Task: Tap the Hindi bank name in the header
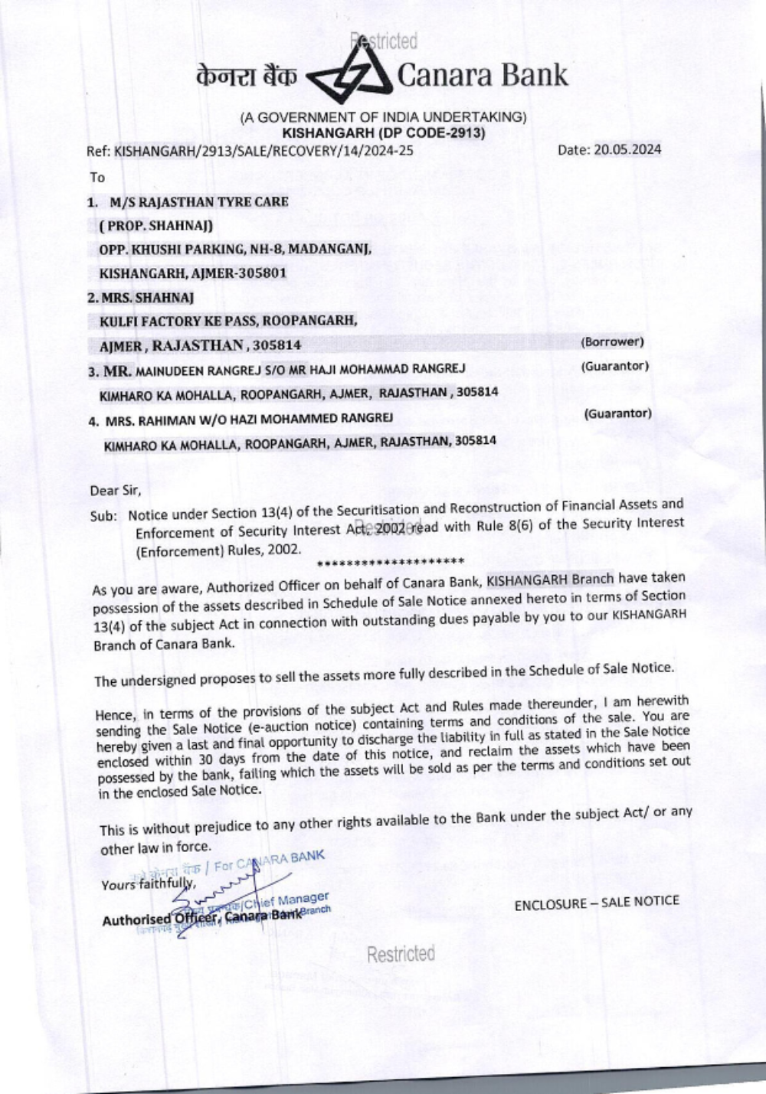(x=246, y=78)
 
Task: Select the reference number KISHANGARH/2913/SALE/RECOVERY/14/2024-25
(x=264, y=151)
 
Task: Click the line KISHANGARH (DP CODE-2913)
(x=384, y=132)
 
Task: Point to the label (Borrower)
(x=612, y=341)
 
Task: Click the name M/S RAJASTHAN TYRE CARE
(x=199, y=202)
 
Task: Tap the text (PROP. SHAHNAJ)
(x=155, y=226)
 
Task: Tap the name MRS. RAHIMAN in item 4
(x=139, y=420)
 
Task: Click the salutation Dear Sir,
(x=116, y=490)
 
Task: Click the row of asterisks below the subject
(x=391, y=563)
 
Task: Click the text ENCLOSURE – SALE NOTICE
(x=597, y=902)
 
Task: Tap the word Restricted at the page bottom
(x=401, y=954)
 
